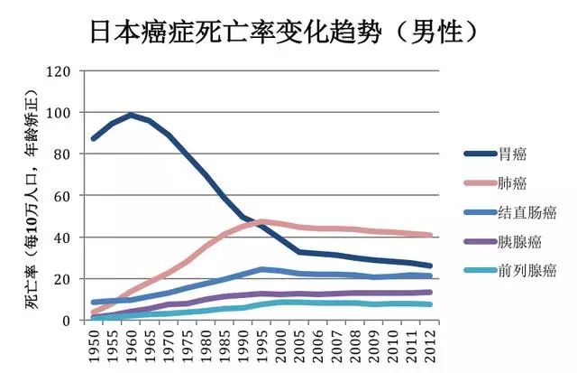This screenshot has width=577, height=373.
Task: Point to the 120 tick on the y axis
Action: click(x=59, y=70)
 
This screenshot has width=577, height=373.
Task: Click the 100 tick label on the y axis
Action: click(x=59, y=112)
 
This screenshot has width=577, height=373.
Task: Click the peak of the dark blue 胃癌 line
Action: click(x=132, y=115)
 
